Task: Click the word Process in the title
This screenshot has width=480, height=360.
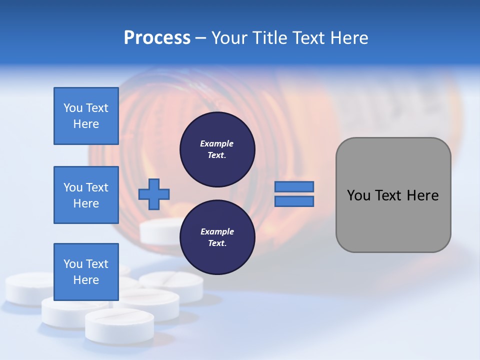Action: click(157, 38)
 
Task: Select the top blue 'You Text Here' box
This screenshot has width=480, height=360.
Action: click(86, 116)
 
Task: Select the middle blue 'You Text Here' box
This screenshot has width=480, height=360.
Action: click(86, 195)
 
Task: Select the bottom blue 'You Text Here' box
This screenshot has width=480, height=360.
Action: click(86, 271)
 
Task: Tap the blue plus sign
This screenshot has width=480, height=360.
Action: click(154, 194)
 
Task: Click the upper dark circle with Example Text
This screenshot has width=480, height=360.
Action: click(217, 149)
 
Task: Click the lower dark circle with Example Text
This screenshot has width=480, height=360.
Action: click(217, 237)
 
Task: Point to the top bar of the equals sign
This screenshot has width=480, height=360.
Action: click(294, 187)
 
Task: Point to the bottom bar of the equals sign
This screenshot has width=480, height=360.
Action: click(294, 201)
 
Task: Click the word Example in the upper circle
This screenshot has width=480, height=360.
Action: click(217, 143)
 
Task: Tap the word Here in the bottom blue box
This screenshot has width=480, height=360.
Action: click(86, 280)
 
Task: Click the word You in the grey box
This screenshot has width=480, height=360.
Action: click(358, 195)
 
